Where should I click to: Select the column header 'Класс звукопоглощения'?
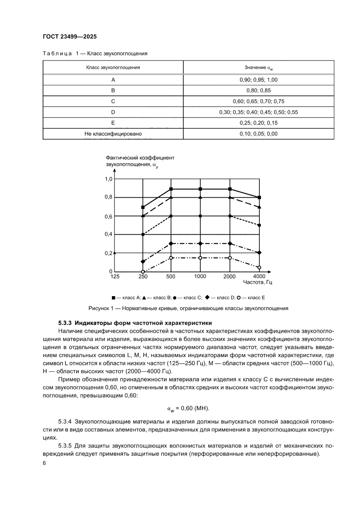(x=113, y=67)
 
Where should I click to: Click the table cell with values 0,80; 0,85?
(x=258, y=91)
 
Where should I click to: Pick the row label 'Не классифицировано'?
(x=113, y=134)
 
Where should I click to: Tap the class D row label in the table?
(x=113, y=112)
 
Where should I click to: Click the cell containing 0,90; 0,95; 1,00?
(x=258, y=80)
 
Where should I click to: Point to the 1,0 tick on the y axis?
(x=108, y=179)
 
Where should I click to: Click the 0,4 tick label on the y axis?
(x=108, y=234)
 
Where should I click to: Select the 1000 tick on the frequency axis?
(x=200, y=276)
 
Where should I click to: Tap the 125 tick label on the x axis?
(x=114, y=276)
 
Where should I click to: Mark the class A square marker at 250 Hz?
(x=143, y=207)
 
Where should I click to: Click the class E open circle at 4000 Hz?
(x=259, y=267)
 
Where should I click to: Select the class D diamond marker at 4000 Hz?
(x=259, y=253)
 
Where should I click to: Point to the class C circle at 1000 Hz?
(x=200, y=216)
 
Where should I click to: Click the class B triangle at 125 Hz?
(x=114, y=253)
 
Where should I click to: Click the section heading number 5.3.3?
(x=66, y=323)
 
